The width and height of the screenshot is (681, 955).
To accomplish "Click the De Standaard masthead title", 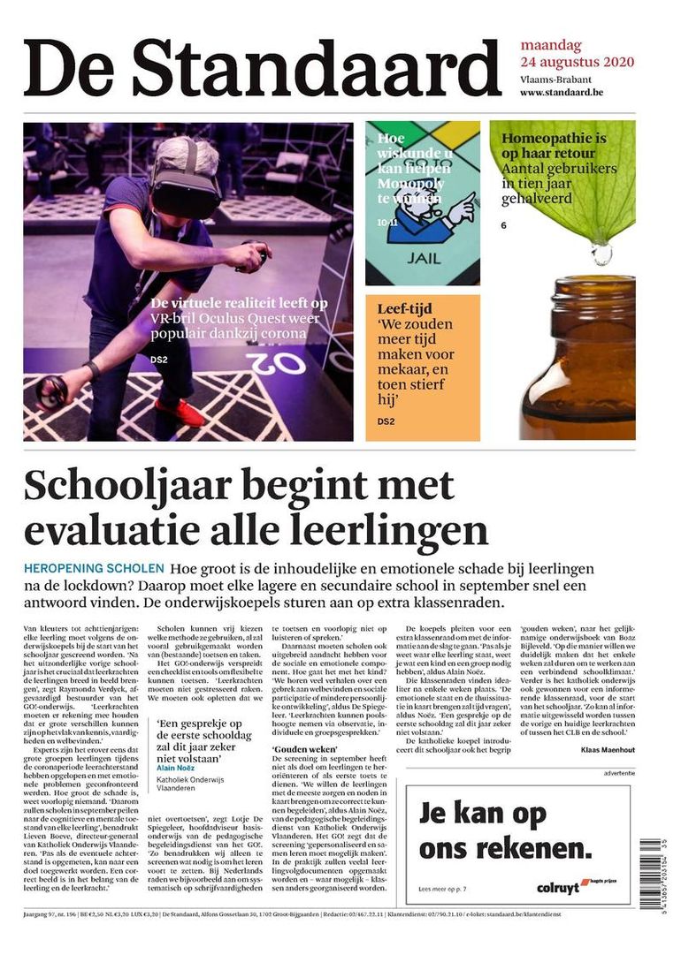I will point(263,68).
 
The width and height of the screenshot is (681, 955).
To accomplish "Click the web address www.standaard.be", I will point(562,93).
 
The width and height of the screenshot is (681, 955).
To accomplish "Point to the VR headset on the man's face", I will point(184,180).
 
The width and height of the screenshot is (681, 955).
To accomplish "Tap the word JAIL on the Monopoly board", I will point(423,260).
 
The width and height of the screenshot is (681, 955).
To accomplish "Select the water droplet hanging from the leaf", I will point(602,254).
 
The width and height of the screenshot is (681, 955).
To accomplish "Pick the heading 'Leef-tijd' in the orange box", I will point(404,309).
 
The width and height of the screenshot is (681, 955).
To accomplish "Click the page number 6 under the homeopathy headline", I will point(503,225).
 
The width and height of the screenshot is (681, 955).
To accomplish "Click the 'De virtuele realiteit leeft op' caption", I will point(239,303).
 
